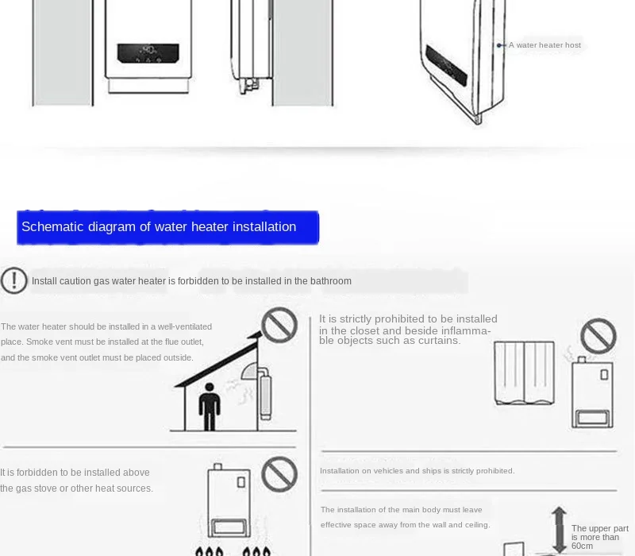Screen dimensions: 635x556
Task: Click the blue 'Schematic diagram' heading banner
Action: coord(167,227)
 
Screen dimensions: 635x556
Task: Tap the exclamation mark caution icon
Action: coord(13,280)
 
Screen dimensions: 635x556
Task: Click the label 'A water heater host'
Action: coord(545,45)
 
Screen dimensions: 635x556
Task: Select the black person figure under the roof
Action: coord(210,407)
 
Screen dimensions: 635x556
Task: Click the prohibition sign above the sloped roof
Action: coord(279,325)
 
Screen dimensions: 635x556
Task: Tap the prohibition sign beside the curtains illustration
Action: coord(598,336)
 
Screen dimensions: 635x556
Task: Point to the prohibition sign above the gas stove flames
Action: coord(279,474)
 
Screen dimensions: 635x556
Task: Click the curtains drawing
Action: coord(525,373)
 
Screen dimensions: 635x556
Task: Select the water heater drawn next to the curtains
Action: coord(592,392)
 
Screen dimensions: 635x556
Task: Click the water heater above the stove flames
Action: coord(229,501)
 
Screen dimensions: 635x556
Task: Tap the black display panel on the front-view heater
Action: coord(148,53)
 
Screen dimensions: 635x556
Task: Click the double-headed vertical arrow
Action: coord(560,530)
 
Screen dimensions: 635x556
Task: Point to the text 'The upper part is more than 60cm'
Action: coord(600,538)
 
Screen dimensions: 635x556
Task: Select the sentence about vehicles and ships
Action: coord(418,471)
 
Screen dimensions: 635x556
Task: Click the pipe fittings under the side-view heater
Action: coord(248,86)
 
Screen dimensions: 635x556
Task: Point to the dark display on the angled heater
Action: coord(446,65)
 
